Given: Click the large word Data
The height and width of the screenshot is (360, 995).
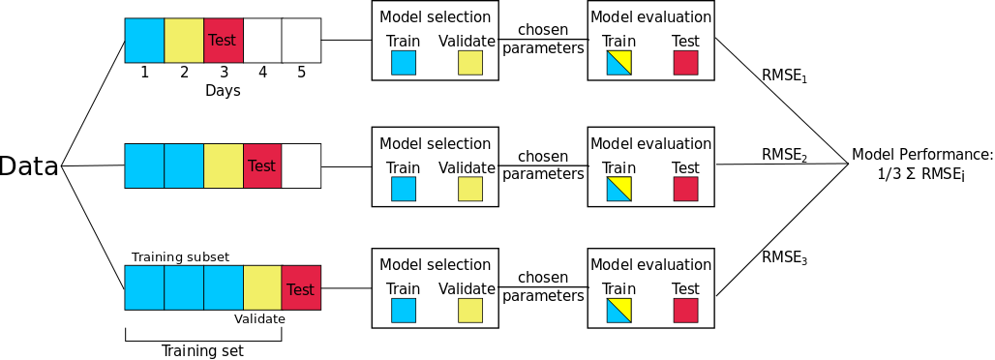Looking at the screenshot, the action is [29, 167].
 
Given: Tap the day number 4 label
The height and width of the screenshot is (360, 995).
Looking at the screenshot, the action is [262, 73].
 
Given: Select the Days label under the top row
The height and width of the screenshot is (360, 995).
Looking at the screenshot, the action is [223, 91].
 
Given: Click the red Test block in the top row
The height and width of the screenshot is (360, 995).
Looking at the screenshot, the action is [224, 40].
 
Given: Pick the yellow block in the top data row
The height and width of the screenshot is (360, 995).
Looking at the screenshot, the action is [184, 40].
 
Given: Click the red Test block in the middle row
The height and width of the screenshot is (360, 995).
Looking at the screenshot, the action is [262, 165].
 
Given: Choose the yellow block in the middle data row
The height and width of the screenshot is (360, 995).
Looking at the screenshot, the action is [224, 165].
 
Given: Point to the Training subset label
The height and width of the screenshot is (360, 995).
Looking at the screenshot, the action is [180, 257].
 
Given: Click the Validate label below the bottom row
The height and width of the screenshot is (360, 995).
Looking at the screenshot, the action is [259, 318].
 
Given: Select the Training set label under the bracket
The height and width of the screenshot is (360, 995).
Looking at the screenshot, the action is [202, 350].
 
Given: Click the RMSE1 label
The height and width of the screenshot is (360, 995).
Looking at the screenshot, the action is [785, 75].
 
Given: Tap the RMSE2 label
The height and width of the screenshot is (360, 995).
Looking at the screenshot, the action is [785, 155].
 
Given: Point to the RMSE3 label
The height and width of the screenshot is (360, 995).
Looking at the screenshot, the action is [785, 257].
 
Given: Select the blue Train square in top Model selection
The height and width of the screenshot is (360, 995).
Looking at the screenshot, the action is [403, 63].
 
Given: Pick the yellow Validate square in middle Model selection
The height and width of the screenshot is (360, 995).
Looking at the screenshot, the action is [470, 189].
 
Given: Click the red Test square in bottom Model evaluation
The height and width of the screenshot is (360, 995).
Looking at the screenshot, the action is [685, 311].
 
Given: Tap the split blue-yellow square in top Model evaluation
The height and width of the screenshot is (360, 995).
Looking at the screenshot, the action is [618, 63].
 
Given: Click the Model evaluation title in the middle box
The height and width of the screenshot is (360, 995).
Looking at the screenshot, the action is [651, 143].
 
